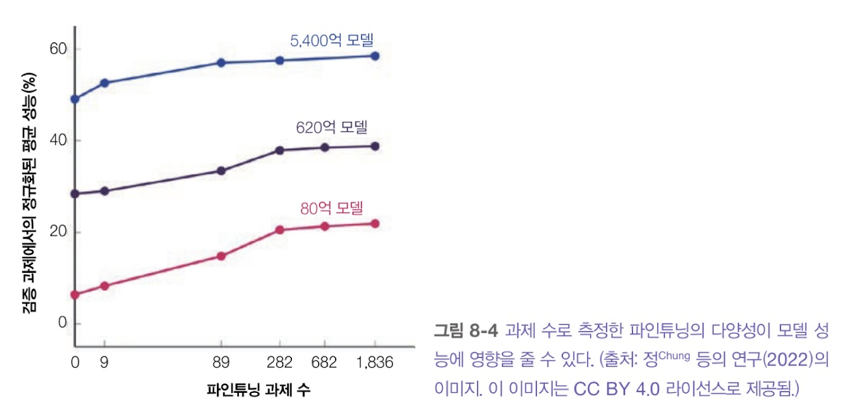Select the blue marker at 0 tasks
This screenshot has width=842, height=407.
click(x=75, y=99)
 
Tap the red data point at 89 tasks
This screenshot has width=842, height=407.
click(x=221, y=256)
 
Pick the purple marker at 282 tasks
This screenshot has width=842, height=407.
click(x=280, y=151)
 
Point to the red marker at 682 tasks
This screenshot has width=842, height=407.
click(x=325, y=226)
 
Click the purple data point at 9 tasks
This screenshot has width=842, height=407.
click(x=105, y=191)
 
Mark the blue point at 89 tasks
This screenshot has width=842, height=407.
click(x=221, y=62)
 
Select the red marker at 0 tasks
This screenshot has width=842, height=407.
click(x=75, y=295)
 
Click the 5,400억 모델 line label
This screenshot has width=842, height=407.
click(x=332, y=40)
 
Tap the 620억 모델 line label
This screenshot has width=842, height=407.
click(x=332, y=127)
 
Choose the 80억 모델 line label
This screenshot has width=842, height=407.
click(x=332, y=208)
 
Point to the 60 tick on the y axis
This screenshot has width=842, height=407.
click(x=58, y=49)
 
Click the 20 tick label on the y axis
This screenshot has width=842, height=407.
click(x=58, y=231)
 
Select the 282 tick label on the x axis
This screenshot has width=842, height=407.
click(x=279, y=363)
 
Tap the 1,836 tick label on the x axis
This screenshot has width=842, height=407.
click(x=375, y=363)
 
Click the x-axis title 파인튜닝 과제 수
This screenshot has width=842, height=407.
click(x=258, y=390)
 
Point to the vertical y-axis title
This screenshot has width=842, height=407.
click(x=30, y=193)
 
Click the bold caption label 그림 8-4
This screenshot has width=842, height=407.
click(x=466, y=331)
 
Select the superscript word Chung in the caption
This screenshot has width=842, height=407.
click(x=674, y=355)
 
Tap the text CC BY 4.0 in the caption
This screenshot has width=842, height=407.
click(x=616, y=389)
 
